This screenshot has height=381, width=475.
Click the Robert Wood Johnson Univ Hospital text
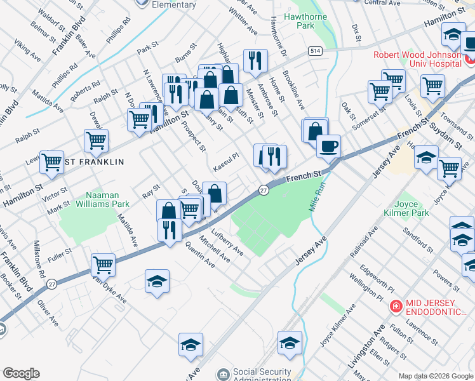click(x=417, y=59)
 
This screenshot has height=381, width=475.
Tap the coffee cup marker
click(x=328, y=147)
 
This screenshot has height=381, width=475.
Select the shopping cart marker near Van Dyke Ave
click(x=103, y=265)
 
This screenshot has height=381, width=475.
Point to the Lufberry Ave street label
click(x=228, y=243)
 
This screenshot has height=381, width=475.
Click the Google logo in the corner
click(x=21, y=373)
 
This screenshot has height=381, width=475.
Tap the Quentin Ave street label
click(x=199, y=257)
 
